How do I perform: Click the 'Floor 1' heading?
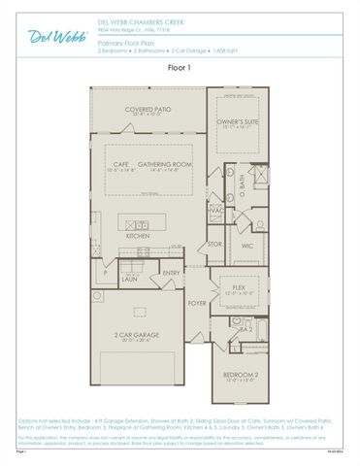[180, 68]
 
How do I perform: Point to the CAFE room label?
[123, 165]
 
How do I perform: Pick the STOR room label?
[215, 244]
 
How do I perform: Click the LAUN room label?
[128, 279]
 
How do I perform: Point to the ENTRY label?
[171, 273]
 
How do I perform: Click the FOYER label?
[197, 302]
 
